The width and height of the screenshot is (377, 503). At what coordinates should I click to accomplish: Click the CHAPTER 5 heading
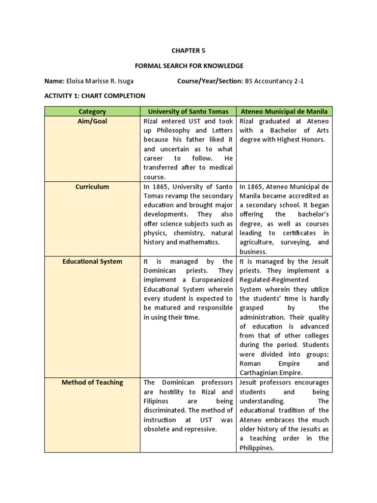coord(186,50)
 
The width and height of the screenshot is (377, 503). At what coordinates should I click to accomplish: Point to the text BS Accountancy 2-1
coord(274,81)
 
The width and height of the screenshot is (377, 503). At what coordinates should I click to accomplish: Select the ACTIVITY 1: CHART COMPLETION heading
coord(95,96)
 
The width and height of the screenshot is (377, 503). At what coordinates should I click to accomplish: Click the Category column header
coord(92,112)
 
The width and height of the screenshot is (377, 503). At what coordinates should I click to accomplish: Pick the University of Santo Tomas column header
coord(188,112)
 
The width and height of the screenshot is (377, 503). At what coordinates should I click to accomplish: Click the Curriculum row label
coord(92,187)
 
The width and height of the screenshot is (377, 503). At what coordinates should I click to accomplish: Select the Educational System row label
coord(92,261)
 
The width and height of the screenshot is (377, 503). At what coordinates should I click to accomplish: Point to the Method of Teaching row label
coord(92,382)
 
